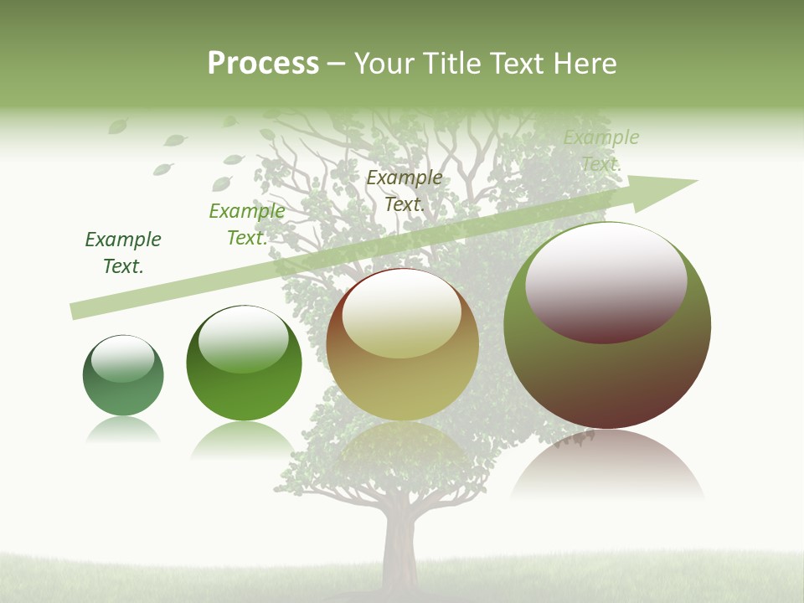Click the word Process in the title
coord(263,64)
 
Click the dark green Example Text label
coord(123,253)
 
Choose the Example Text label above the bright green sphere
coord(246,224)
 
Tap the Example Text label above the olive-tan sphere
coord(404,191)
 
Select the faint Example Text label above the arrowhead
coord(600,151)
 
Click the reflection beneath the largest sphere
coord(607,469)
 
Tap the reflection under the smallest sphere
coord(123,430)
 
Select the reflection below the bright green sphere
coord(244,440)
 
